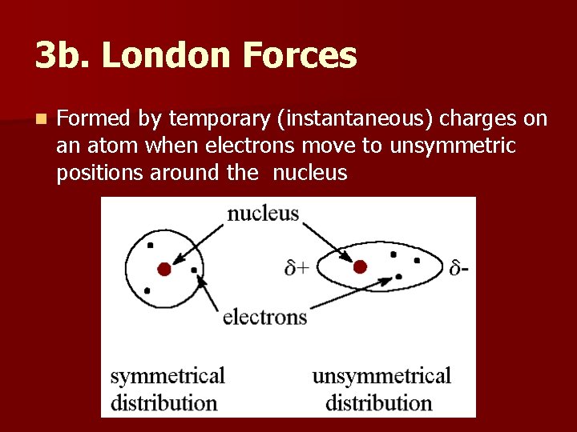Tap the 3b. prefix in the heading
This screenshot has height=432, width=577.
coord(63,56)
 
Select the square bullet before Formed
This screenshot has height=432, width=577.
coord(41,120)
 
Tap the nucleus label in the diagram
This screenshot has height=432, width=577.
coord(263,214)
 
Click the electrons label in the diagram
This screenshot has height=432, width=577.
coord(264,317)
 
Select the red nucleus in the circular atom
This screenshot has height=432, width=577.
coord(164,270)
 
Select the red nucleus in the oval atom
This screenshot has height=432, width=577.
coord(360,266)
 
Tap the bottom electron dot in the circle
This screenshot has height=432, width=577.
coord(146,290)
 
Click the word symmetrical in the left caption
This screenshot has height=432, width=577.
coord(167,375)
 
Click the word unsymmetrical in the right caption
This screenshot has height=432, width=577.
coord(381,375)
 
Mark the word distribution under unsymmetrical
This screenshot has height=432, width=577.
coord(379,402)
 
